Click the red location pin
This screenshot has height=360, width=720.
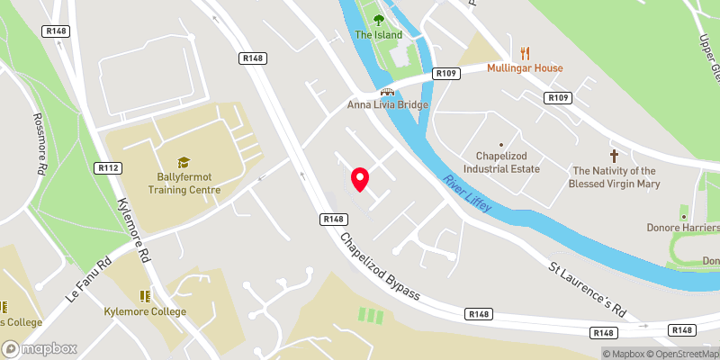(360, 178)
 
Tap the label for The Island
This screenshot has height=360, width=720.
(376, 35)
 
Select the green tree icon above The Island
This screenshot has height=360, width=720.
(376, 17)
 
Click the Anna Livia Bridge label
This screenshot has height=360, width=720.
(388, 104)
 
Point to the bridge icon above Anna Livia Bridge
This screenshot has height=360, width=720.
(388, 90)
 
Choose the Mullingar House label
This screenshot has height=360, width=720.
(525, 67)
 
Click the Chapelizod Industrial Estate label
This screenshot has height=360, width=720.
(501, 161)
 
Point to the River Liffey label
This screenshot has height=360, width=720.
(466, 194)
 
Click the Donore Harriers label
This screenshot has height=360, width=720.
(682, 228)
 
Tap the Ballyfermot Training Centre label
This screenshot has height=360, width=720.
(184, 184)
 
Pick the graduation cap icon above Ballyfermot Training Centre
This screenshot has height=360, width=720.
(184, 162)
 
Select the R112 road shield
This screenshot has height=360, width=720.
(109, 167)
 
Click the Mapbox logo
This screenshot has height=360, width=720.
(39, 348)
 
